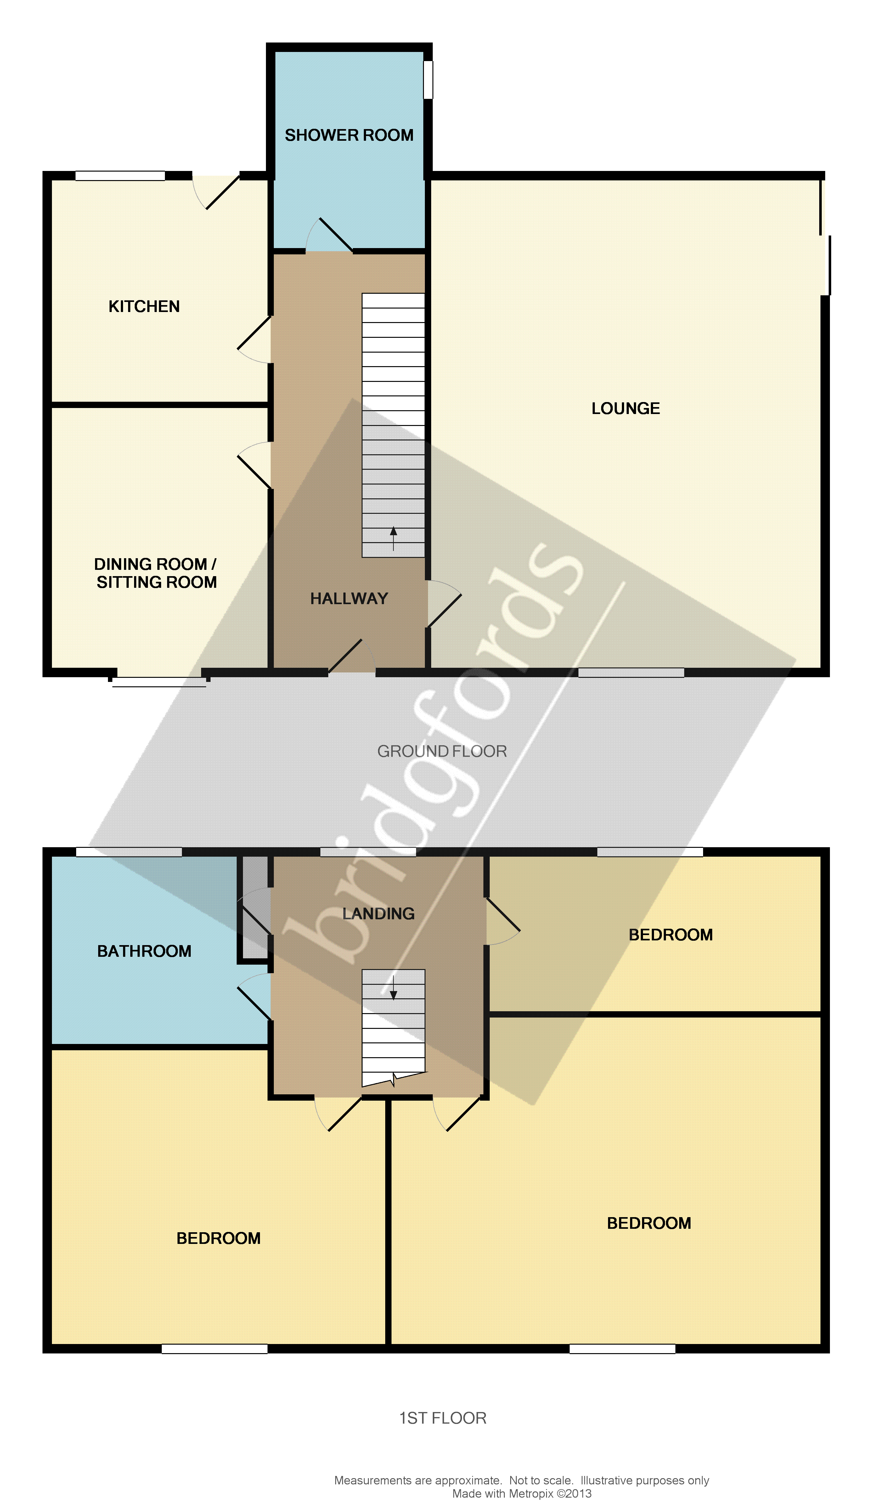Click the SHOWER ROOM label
tap(349, 135)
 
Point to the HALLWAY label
tap(349, 599)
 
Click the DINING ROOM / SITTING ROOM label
tap(156, 573)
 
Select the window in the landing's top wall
tap(368, 852)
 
